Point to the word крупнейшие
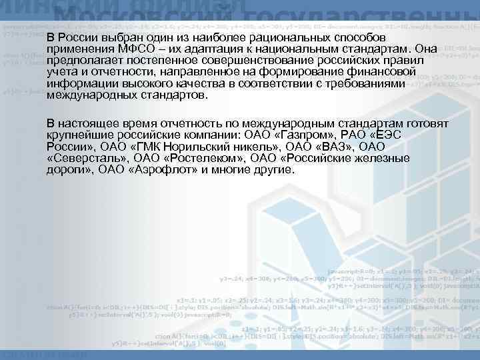pos(81,135)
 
